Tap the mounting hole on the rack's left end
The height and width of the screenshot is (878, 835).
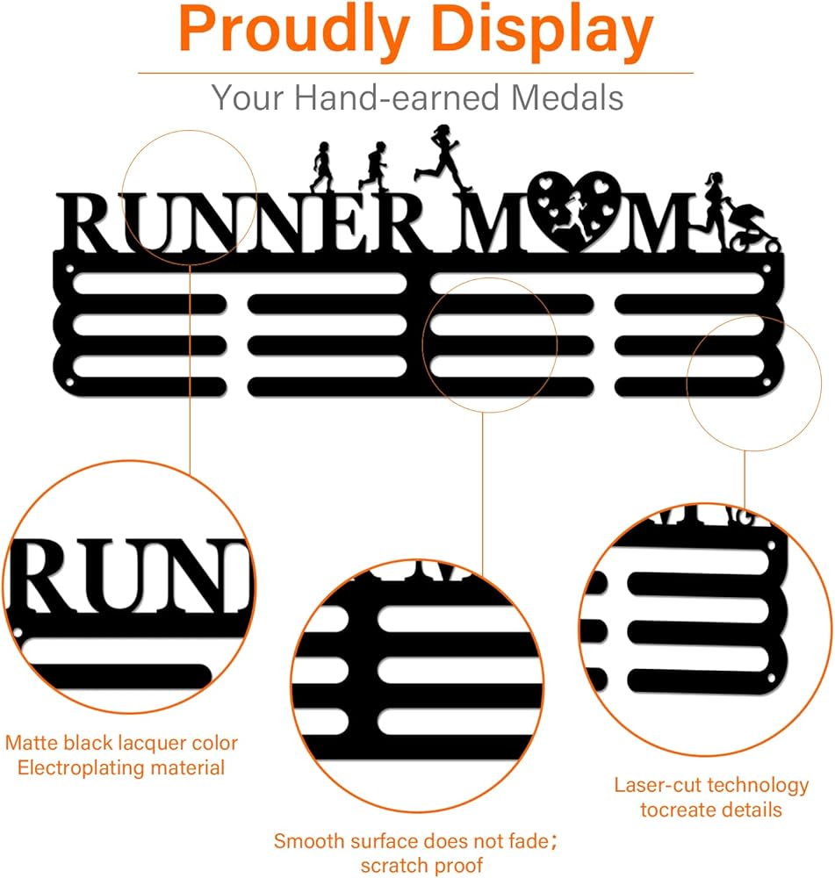tap(69, 385)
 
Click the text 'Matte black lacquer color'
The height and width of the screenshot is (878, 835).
tap(121, 743)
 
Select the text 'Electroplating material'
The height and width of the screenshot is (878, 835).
tap(121, 767)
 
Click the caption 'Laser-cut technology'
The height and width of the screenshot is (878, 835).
tap(711, 785)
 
